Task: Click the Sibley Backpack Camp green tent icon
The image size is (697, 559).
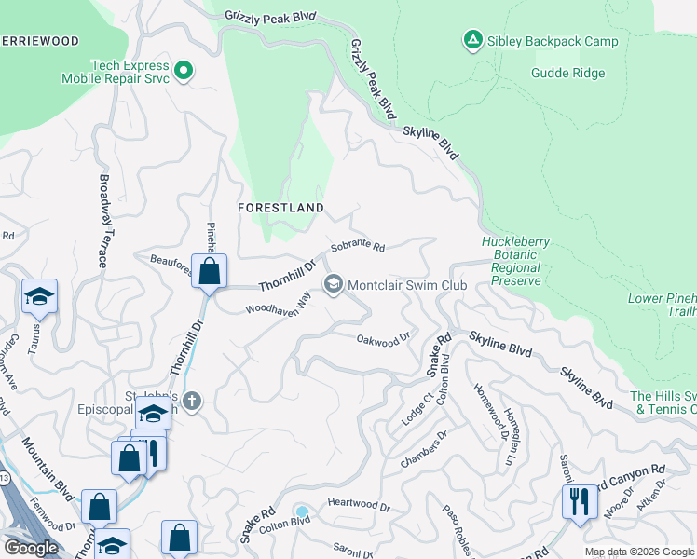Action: [x=472, y=39]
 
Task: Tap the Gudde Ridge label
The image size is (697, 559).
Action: [x=568, y=74]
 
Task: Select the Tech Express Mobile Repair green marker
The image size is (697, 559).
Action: [x=184, y=69]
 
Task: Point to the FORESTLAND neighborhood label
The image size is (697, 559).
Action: [x=280, y=208]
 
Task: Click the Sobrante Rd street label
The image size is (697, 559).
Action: [x=358, y=248]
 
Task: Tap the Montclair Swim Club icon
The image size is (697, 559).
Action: [x=333, y=285]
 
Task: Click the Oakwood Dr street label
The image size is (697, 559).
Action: [x=383, y=339]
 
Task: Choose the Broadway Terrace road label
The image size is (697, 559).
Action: [x=103, y=222]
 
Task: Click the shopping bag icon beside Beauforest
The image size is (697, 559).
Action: [x=210, y=272]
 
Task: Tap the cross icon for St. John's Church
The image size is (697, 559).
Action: [x=192, y=402]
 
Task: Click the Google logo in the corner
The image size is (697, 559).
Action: [x=31, y=548]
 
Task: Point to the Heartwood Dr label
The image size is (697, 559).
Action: [x=359, y=505]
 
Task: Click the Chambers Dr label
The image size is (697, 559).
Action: [x=424, y=447]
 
